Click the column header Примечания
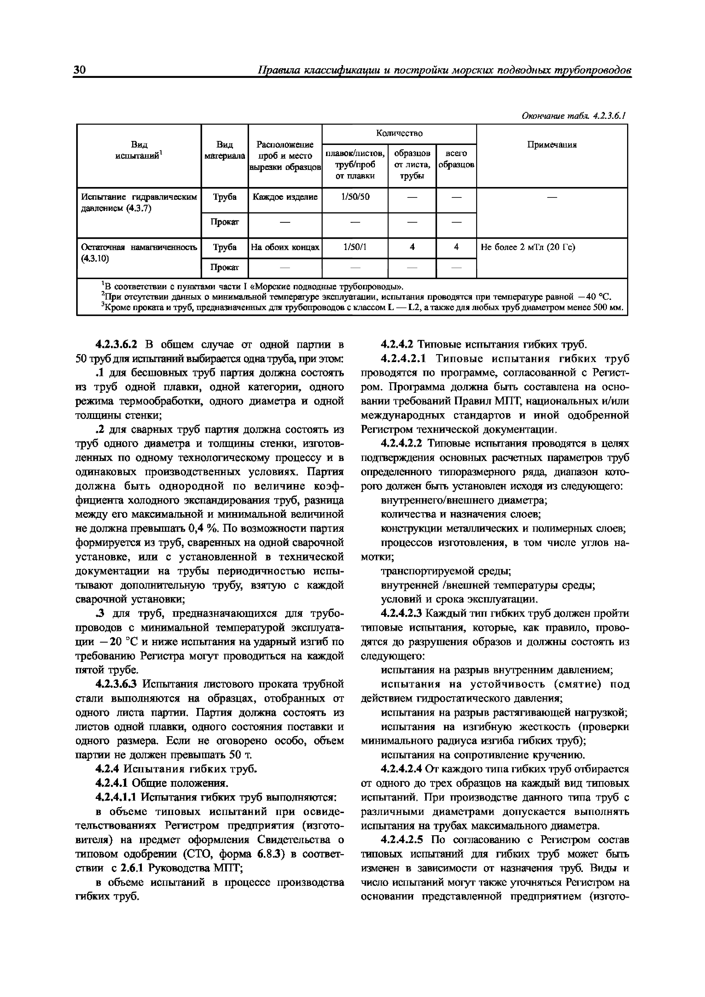[x=552, y=145]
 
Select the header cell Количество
[x=399, y=133]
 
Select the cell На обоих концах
[x=285, y=247]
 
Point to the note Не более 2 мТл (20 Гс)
[x=527, y=247]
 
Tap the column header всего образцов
[x=456, y=159]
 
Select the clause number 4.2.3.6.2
[x=117, y=345]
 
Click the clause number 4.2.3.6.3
[x=117, y=684]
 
